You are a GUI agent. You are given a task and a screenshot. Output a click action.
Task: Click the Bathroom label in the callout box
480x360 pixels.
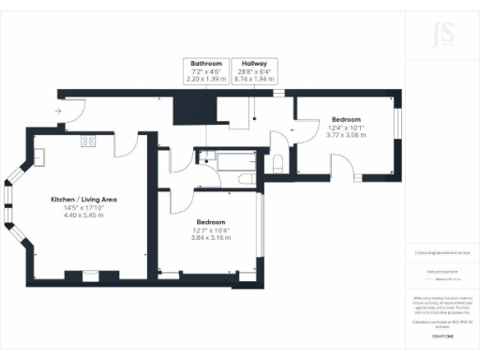(205, 63)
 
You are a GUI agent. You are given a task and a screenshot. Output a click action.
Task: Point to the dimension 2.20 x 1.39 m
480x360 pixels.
(205, 80)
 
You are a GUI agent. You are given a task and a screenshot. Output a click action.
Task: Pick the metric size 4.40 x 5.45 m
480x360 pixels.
(82, 216)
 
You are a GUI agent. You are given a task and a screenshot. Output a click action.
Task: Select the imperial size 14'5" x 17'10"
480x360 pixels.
(82, 208)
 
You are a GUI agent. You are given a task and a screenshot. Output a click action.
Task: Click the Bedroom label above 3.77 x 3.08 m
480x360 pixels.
(346, 120)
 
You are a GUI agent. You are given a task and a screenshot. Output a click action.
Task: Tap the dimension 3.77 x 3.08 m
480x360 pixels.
(346, 136)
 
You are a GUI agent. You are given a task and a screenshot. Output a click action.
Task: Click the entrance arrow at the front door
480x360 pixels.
(58, 111)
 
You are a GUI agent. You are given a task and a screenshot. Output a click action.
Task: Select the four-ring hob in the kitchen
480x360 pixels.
(89, 141)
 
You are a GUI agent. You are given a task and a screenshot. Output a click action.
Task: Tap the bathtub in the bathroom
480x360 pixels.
(222, 160)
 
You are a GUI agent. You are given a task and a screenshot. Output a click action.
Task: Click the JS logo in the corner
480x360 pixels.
(435, 37)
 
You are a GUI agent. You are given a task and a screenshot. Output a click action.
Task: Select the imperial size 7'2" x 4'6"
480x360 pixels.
(205, 71)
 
